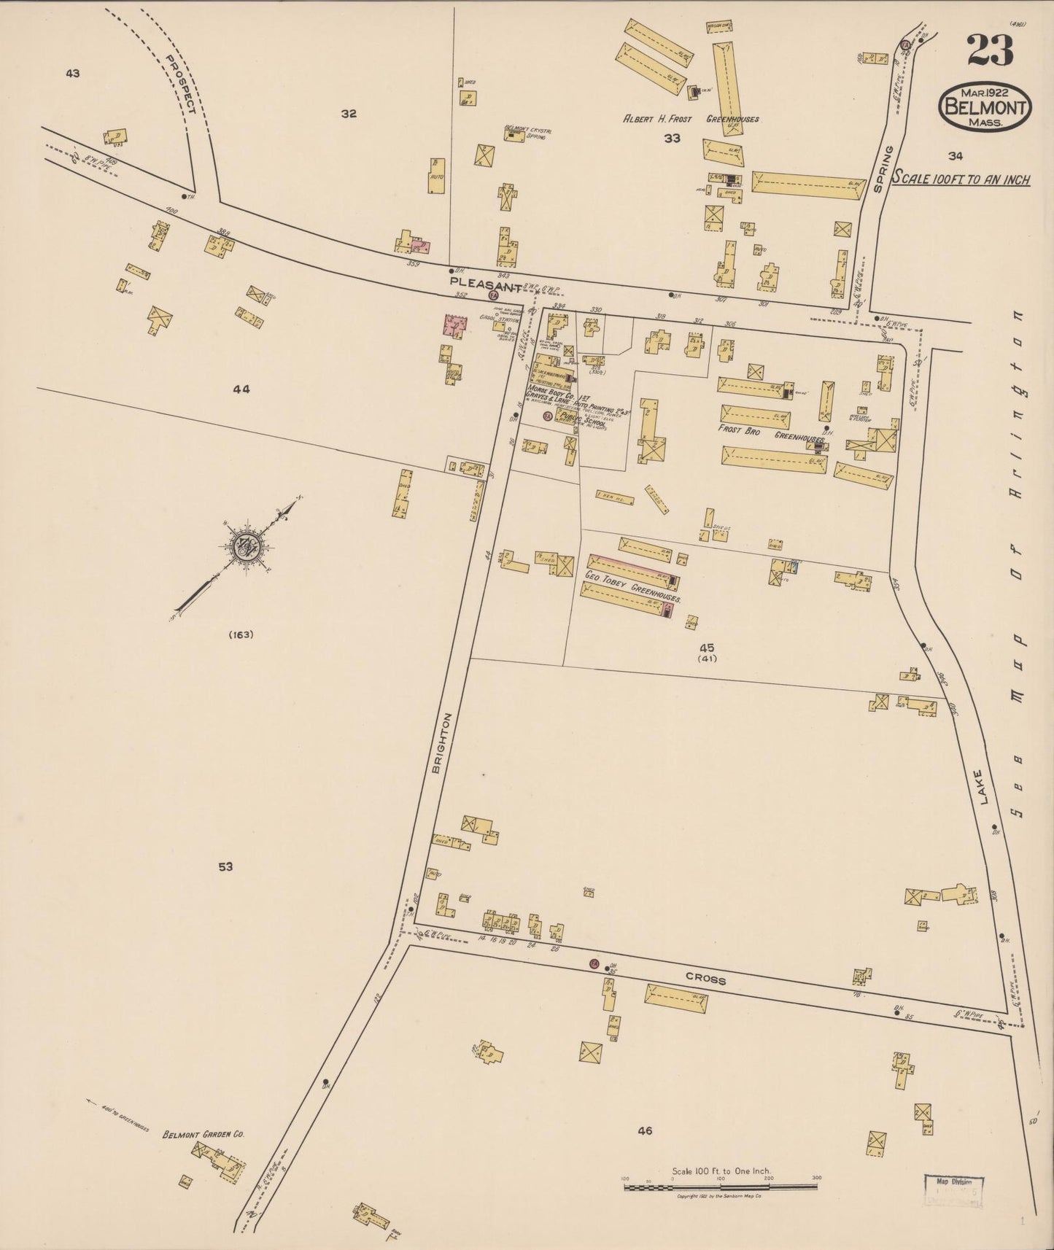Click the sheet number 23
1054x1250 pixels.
tap(991, 50)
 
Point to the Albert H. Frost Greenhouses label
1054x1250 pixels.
tap(690, 119)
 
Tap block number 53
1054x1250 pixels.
tap(225, 866)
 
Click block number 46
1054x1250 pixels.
tap(644, 1131)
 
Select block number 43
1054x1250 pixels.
tap(72, 73)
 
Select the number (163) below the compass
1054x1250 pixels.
tap(240, 634)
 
